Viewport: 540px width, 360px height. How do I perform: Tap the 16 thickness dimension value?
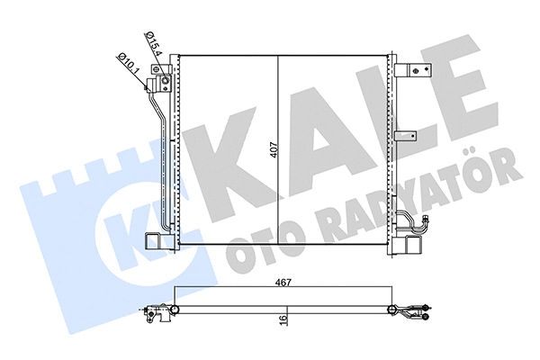[x=283, y=317]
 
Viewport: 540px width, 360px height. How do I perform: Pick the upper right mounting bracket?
[x=413, y=70]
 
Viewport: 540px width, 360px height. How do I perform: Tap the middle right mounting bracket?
[x=407, y=137]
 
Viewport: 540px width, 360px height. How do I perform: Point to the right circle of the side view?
[x=392, y=311]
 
